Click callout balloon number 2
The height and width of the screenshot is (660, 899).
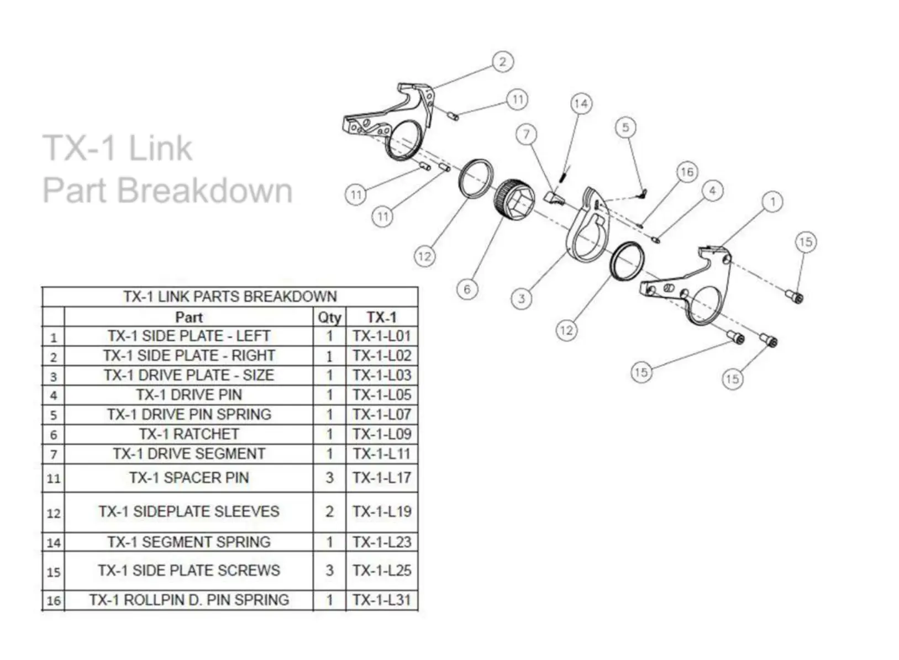pyautogui.click(x=502, y=61)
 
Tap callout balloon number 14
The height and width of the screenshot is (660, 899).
pyautogui.click(x=581, y=104)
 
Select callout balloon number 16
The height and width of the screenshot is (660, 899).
pyautogui.click(x=687, y=172)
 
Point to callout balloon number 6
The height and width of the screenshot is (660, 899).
pyautogui.click(x=467, y=289)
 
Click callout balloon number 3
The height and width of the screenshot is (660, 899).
pyautogui.click(x=521, y=299)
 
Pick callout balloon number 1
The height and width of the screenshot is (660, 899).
pyautogui.click(x=772, y=202)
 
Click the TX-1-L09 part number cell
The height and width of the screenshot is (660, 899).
pyautogui.click(x=382, y=434)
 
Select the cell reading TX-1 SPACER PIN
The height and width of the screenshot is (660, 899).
pyautogui.click(x=189, y=478)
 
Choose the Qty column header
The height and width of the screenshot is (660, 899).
pyautogui.click(x=329, y=318)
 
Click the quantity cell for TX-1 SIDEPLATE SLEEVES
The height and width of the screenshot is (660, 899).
pyautogui.click(x=329, y=512)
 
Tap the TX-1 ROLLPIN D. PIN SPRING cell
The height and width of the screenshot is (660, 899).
pyautogui.click(x=189, y=600)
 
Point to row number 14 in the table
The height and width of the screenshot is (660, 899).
pyautogui.click(x=54, y=542)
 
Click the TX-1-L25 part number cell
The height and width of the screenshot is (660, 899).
pyautogui.click(x=382, y=571)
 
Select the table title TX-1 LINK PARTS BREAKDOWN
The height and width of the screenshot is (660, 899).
pyautogui.click(x=230, y=297)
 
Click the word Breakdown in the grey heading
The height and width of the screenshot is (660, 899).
pyautogui.click(x=205, y=191)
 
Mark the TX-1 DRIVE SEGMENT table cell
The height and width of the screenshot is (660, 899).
pyautogui.click(x=189, y=454)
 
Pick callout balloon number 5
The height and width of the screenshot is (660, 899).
pyautogui.click(x=625, y=128)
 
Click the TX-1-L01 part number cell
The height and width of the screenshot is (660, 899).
pyautogui.click(x=382, y=336)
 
